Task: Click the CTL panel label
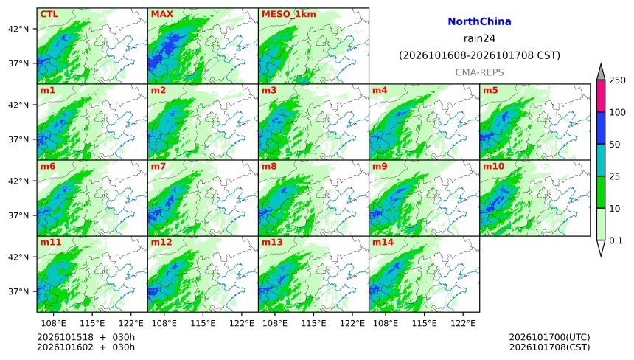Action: (x=49, y=14)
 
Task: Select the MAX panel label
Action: (x=161, y=14)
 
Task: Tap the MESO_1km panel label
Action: (x=289, y=14)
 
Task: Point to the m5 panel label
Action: (x=490, y=90)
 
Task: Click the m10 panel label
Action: (x=493, y=166)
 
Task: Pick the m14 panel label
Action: (x=383, y=242)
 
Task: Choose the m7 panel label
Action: (x=158, y=166)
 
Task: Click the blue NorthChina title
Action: (x=479, y=21)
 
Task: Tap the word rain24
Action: (x=479, y=38)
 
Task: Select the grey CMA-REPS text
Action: (x=479, y=72)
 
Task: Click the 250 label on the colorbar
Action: (x=618, y=80)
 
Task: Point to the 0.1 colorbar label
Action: (x=616, y=240)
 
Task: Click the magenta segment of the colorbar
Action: (x=601, y=96)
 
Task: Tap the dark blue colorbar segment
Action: (x=601, y=128)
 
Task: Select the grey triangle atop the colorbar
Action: (x=601, y=72)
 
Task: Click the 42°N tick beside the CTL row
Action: (x=18, y=29)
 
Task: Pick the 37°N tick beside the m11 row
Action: (x=18, y=291)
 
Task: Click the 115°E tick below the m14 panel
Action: (x=425, y=323)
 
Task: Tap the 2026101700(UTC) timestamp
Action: (x=549, y=337)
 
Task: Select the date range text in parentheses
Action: (x=479, y=55)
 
